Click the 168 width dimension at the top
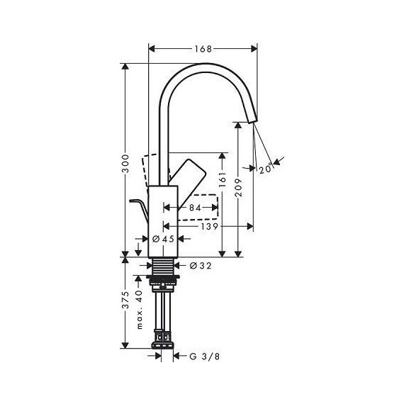coord(203,49)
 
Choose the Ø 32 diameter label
coord(201,266)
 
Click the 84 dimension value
coord(193,208)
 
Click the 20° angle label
coord(265,169)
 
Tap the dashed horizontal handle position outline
coord(198,207)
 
